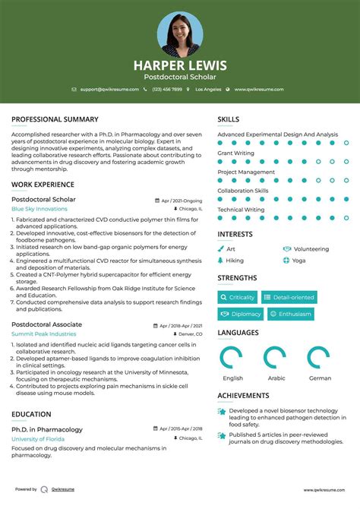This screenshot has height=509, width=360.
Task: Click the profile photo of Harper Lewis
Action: (x=180, y=34)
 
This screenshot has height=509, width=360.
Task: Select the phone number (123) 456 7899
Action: (x=166, y=89)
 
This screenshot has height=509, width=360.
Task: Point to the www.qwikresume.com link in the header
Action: (x=259, y=89)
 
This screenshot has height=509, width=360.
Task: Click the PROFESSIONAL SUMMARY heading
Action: (x=55, y=119)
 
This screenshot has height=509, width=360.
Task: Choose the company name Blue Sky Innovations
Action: (x=39, y=208)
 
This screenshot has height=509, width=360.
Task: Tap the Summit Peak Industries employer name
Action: (x=43, y=334)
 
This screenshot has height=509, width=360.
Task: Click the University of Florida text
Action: (x=38, y=439)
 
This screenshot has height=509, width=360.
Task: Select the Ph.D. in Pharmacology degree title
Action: (x=47, y=429)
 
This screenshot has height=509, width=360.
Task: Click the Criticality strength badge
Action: (x=238, y=297)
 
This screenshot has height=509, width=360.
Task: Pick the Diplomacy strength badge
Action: (x=242, y=314)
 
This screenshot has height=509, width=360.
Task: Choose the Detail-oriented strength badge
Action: (x=288, y=297)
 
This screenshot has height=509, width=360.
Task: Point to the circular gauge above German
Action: (x=319, y=357)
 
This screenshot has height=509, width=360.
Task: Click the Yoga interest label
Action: (x=298, y=260)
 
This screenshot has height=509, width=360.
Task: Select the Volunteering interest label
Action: (x=311, y=248)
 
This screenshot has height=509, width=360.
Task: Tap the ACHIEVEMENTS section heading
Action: (x=243, y=396)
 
